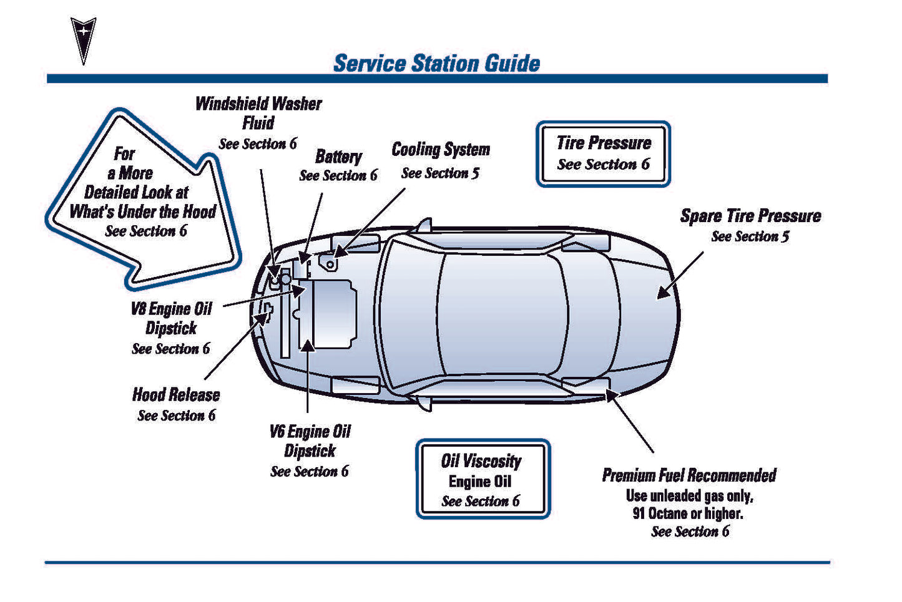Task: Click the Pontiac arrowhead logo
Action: (x=83, y=39)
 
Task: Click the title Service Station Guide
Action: (x=436, y=63)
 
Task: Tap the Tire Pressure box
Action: (x=603, y=153)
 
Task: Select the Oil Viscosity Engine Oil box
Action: (x=483, y=479)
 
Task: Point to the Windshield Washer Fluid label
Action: (x=258, y=114)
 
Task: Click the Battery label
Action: (x=338, y=157)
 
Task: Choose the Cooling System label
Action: (x=441, y=150)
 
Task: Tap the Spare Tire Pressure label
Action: (x=750, y=216)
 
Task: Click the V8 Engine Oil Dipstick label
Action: (x=171, y=318)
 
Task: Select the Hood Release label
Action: (x=176, y=395)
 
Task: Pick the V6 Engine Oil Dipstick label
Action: (x=310, y=441)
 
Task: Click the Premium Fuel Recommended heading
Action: (x=689, y=475)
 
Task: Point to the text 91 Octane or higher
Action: (x=688, y=514)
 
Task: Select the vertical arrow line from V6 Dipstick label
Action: (x=308, y=381)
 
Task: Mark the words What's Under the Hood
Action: (x=143, y=211)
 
